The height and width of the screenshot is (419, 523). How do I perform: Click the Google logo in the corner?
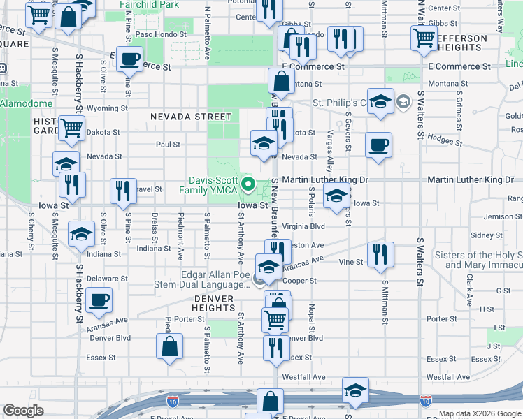[24, 411]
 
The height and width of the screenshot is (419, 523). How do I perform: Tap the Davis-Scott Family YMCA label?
[210, 185]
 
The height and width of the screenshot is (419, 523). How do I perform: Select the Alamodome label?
[26, 103]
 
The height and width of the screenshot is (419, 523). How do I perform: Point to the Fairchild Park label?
[149, 4]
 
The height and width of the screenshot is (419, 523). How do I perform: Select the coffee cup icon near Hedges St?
[378, 145]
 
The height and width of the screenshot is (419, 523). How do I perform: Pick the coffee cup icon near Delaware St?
[98, 300]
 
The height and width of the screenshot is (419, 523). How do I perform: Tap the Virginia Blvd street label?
[304, 227]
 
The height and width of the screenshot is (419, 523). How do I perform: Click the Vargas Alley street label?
[329, 161]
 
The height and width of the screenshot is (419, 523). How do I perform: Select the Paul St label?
[169, 145]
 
